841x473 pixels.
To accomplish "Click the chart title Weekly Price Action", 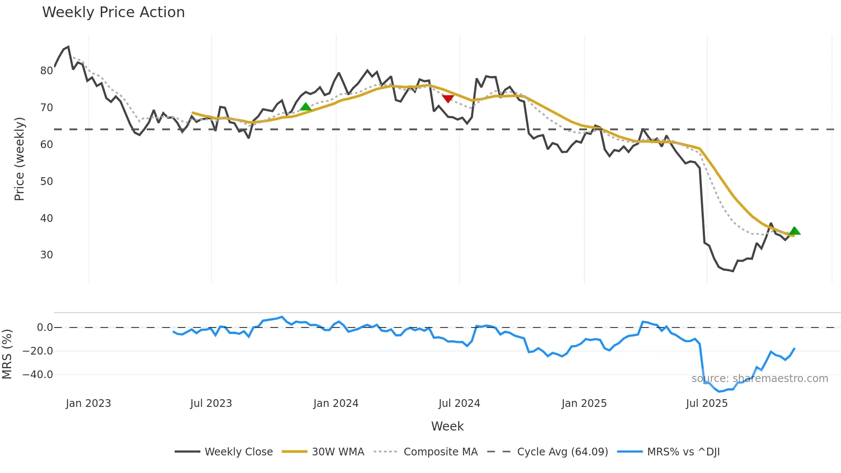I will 113,12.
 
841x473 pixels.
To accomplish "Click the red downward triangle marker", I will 448,99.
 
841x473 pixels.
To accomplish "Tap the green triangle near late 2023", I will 306,106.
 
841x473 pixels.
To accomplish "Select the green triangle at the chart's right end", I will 794,231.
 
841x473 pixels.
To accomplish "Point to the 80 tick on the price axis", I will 46,71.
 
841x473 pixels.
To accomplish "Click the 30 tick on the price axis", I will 46,255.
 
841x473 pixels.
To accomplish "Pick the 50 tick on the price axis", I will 46,182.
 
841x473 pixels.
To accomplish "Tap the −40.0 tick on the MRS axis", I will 38,375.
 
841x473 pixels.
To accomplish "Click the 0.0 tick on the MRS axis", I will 45,327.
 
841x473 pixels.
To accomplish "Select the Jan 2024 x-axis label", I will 336,403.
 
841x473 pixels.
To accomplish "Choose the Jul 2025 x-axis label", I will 706,403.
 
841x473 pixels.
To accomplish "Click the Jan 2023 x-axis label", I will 88,403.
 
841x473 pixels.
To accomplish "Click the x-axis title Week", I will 447,426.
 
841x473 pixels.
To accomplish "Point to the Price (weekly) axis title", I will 19,159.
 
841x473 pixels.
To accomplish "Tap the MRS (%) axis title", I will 7,354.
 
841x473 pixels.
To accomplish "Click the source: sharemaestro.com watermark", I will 759,379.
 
